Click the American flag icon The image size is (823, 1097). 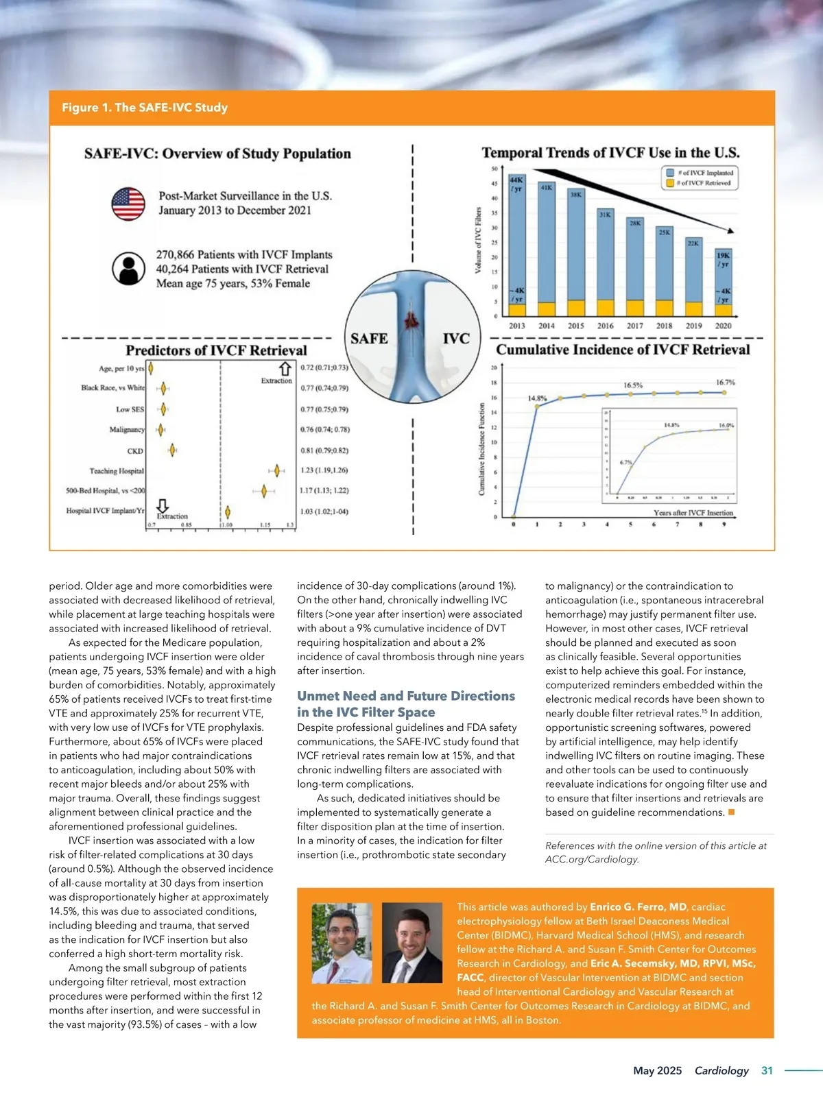click(x=128, y=204)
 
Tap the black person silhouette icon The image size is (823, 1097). click(x=128, y=269)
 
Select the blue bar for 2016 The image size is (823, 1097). click(x=605, y=254)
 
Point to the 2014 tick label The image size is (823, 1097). click(x=547, y=326)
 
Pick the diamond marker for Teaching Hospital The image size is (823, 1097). click(x=277, y=470)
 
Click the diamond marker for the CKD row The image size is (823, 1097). click(x=173, y=450)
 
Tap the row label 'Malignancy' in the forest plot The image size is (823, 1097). click(x=127, y=429)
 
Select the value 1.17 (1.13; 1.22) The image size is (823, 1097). click(x=324, y=490)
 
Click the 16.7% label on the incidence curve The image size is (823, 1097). click(x=725, y=382)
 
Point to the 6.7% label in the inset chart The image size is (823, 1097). click(x=626, y=463)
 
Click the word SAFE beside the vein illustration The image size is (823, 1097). click(x=369, y=339)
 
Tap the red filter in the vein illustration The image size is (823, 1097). click(x=412, y=319)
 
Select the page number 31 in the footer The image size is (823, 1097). click(x=767, y=1070)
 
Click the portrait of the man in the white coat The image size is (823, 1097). click(x=342, y=943)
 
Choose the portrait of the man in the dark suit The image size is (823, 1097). click(x=411, y=943)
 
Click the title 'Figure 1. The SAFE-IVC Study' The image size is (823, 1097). click(x=145, y=108)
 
